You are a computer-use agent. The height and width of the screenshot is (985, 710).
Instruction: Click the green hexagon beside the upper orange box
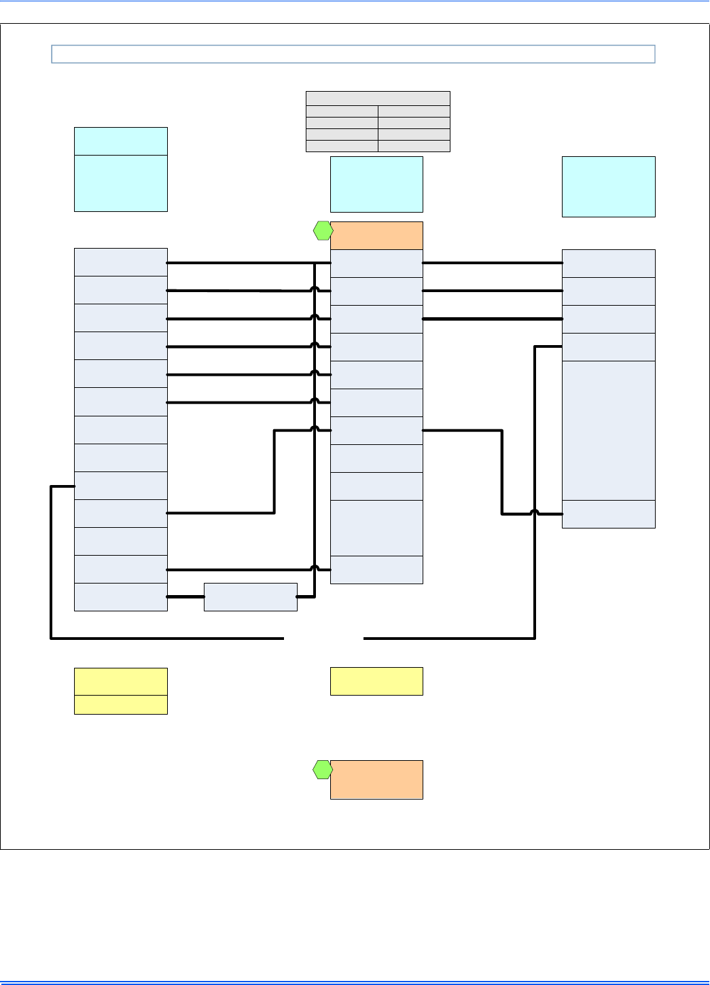point(323,231)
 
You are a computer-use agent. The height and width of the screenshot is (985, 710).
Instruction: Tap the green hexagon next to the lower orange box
point(323,770)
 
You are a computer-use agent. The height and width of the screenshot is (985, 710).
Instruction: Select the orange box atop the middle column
point(376,236)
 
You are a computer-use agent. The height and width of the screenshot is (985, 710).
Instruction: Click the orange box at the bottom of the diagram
point(376,779)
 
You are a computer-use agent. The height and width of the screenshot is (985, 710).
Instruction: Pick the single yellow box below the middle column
point(376,681)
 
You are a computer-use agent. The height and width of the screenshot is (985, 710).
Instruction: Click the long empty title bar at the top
point(353,54)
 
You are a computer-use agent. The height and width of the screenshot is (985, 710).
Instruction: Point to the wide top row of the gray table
point(378,98)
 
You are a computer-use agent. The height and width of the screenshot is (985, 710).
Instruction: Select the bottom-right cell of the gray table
point(414,146)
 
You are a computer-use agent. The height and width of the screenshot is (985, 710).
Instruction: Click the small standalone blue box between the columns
point(251,597)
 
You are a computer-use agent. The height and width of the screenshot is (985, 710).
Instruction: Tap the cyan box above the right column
point(609,187)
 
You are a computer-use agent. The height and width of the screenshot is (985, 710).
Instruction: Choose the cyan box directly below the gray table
point(376,184)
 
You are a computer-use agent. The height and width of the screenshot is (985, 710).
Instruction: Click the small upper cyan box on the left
point(120,141)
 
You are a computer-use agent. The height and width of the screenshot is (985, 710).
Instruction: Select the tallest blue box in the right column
point(609,431)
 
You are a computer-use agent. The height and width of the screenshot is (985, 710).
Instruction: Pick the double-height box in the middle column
point(376,528)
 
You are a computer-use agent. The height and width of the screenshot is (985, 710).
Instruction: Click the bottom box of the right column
point(609,514)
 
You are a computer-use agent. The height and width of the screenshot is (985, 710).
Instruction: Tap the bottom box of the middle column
point(376,570)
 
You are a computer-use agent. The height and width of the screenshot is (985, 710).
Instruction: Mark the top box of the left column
point(120,262)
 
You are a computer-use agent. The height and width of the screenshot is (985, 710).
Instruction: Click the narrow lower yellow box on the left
point(120,704)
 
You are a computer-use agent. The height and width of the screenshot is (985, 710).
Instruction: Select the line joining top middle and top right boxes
point(492,263)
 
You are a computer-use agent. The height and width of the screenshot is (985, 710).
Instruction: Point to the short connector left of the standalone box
point(185,596)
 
